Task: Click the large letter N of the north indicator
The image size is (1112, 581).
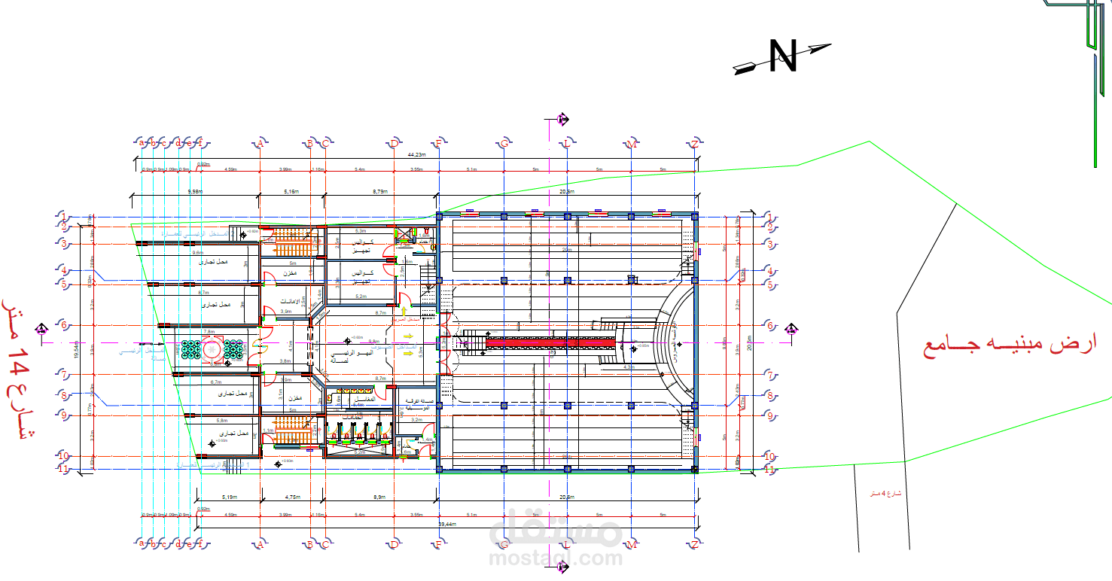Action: (783, 56)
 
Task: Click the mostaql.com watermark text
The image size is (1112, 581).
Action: (556, 558)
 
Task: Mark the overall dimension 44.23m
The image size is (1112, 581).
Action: (416, 154)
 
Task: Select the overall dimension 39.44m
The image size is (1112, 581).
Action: (446, 523)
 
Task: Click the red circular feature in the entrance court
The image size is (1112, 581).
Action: (209, 348)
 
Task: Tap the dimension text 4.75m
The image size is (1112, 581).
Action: (293, 497)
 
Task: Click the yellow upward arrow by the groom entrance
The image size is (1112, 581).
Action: (405, 310)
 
